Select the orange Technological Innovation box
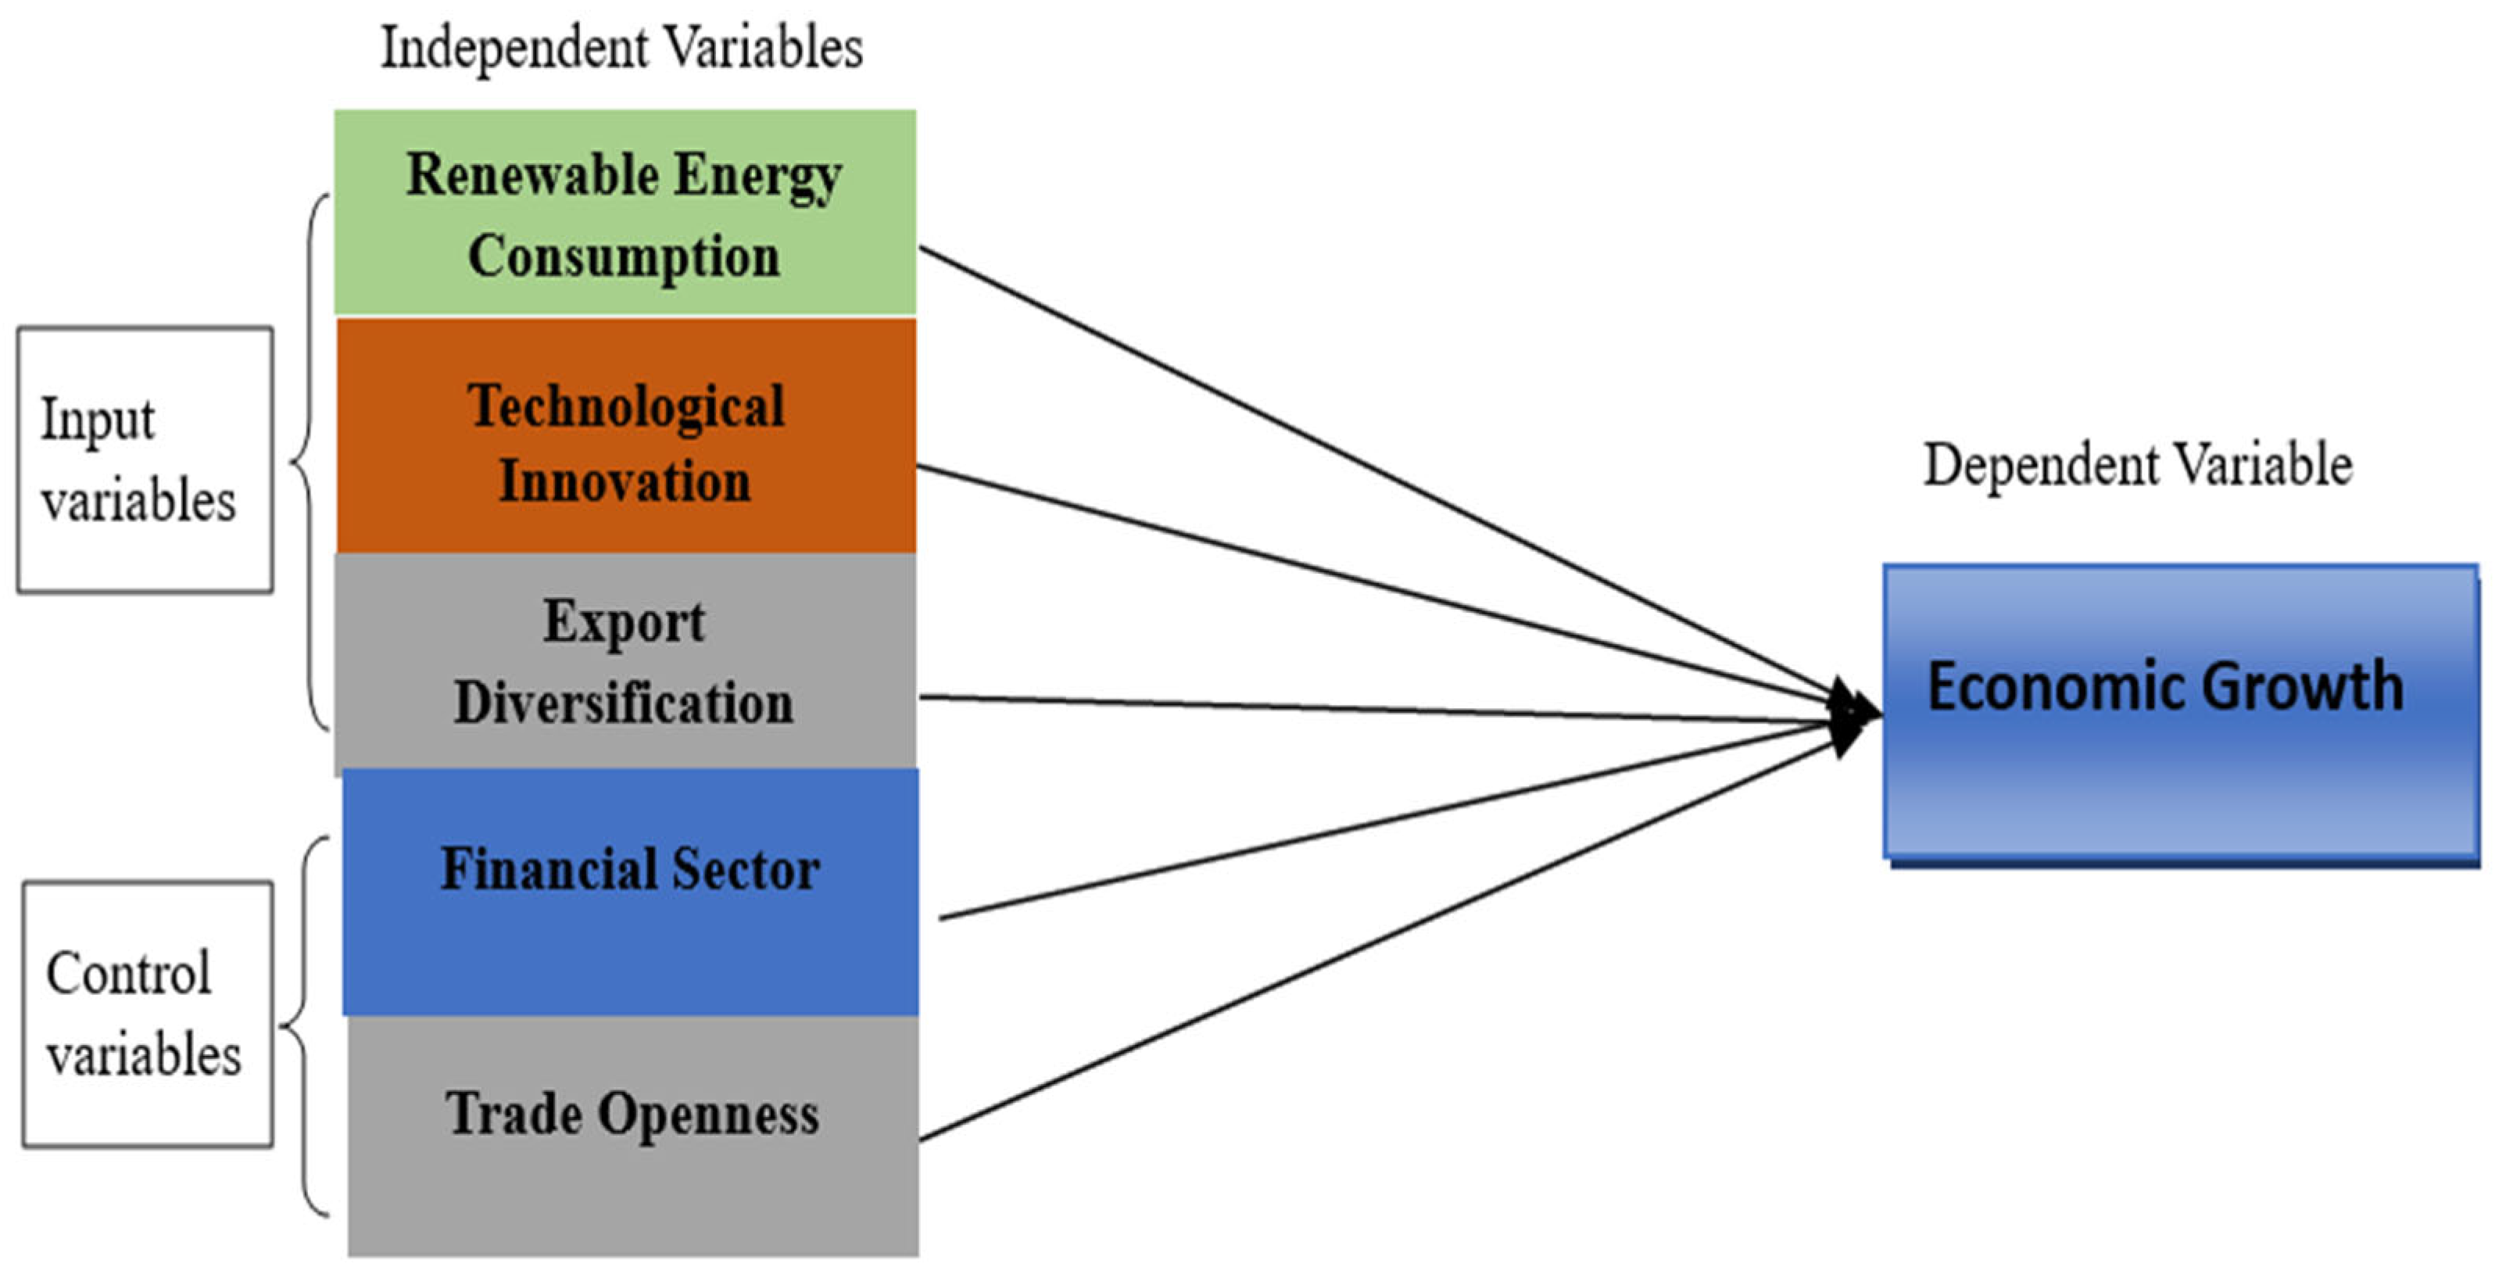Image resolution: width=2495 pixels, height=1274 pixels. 625,436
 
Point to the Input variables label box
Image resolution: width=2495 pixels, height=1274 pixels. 145,460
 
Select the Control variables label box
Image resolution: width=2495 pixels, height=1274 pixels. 147,1015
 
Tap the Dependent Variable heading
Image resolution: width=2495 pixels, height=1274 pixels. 2138,465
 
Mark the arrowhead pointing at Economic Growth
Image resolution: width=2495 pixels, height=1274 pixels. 1855,717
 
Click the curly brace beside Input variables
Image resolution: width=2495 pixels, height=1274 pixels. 308,461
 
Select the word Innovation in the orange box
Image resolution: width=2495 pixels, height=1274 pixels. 625,481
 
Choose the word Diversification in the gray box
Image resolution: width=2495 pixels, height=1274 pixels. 624,703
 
